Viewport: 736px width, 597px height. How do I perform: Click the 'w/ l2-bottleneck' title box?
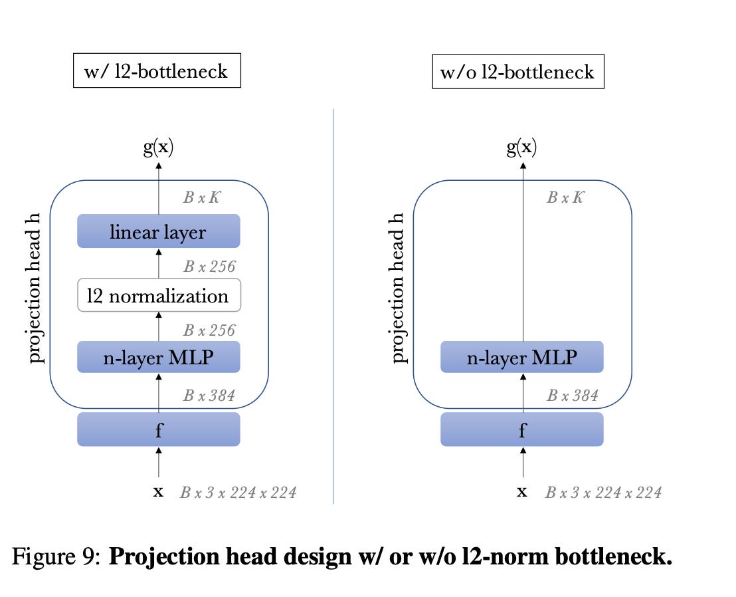tap(156, 70)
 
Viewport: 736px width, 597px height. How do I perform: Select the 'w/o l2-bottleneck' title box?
tap(517, 71)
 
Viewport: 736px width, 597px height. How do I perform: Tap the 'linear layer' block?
tap(158, 231)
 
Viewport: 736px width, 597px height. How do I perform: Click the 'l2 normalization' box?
tap(158, 296)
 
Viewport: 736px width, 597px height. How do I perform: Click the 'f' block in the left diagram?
tap(158, 429)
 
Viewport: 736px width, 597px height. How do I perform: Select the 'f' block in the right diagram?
tap(521, 429)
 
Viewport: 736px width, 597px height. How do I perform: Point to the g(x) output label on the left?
tap(158, 147)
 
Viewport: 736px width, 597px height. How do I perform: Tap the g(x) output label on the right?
tap(521, 147)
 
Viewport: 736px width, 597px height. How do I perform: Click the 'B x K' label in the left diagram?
tap(202, 197)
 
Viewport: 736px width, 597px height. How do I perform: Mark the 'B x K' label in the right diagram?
tap(565, 197)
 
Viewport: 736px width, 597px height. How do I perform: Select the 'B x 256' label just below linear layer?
tap(209, 267)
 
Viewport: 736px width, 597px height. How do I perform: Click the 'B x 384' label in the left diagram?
tap(209, 396)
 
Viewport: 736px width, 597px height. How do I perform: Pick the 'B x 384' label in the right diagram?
tap(573, 396)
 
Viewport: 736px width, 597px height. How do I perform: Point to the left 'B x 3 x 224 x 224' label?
tap(238, 493)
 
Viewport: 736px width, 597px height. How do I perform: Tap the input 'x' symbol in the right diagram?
tap(522, 492)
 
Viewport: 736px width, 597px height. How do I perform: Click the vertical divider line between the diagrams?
tap(333, 306)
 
